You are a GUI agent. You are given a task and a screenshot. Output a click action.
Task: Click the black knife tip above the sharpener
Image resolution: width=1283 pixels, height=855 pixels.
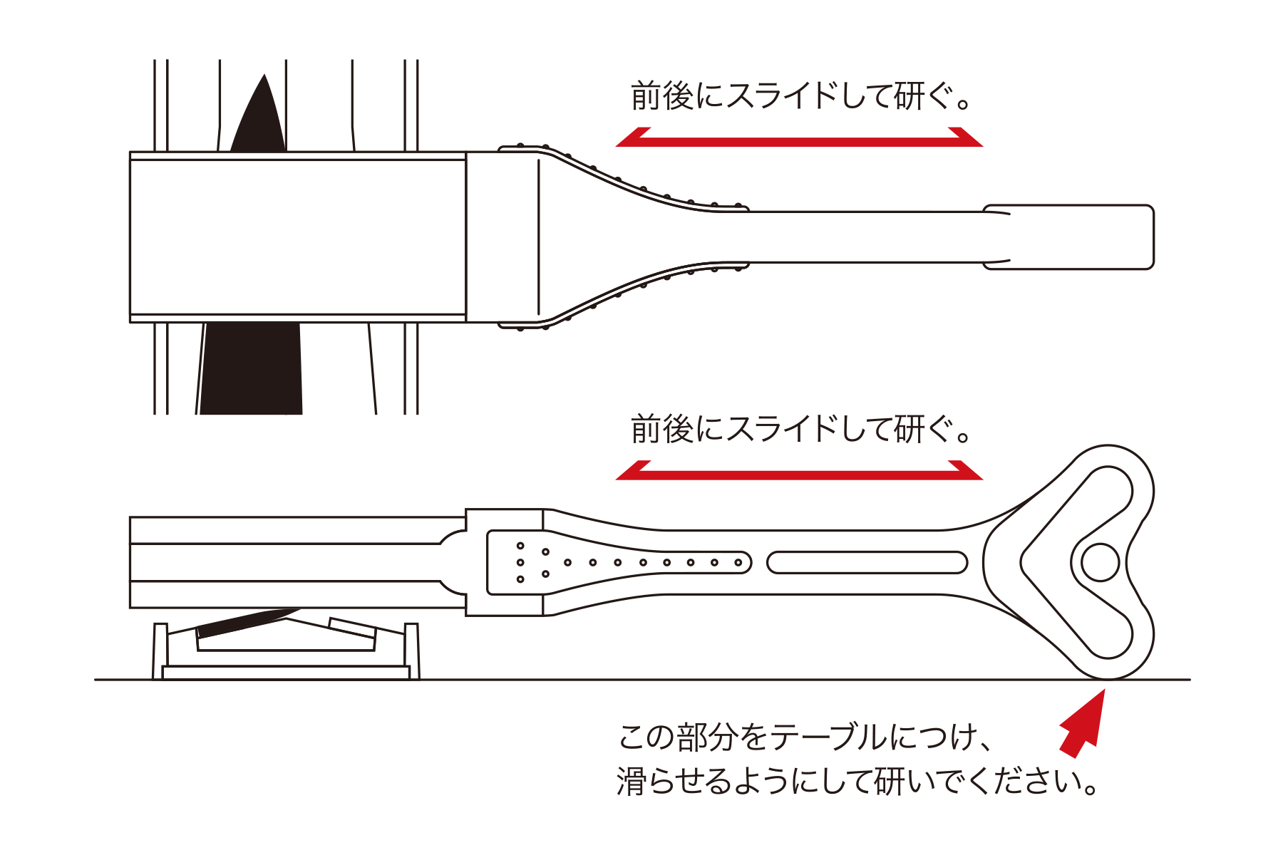tap(260, 118)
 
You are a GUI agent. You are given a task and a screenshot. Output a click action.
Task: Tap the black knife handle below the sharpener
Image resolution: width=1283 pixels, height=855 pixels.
tap(251, 368)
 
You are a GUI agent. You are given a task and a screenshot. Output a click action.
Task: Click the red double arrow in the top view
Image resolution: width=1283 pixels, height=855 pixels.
tap(799, 138)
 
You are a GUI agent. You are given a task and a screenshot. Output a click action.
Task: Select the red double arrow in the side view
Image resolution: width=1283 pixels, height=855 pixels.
tap(799, 471)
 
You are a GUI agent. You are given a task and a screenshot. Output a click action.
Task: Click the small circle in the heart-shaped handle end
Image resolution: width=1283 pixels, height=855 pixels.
tap(1100, 563)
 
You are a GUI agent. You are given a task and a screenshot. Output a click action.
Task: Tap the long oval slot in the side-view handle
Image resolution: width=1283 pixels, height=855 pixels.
tap(867, 562)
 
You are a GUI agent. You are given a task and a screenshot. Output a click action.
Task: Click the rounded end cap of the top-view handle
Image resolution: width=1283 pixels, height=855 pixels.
tap(1068, 237)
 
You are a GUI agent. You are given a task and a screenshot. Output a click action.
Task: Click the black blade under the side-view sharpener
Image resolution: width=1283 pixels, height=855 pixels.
tap(246, 623)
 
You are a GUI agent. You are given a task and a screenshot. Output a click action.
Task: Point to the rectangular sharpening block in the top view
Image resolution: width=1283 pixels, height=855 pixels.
tap(298, 237)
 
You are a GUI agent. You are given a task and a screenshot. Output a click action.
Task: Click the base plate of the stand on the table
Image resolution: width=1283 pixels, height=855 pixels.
tap(286, 673)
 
